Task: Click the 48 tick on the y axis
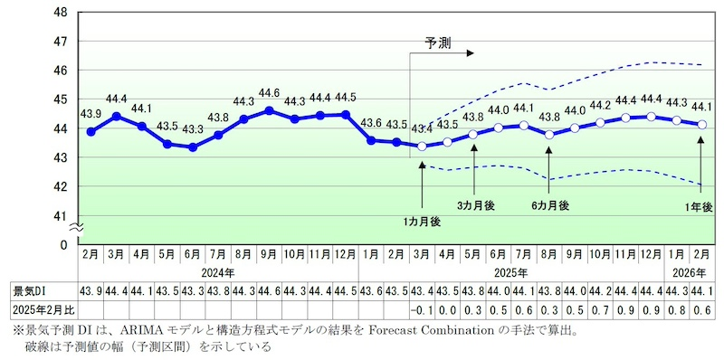pyautogui.click(x=62, y=13)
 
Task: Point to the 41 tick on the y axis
pyautogui.click(x=62, y=216)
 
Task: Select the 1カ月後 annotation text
pyautogui.click(x=422, y=222)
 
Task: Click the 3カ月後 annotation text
pyautogui.click(x=476, y=206)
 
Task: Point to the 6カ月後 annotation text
pyautogui.click(x=550, y=206)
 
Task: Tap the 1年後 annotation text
pyautogui.click(x=699, y=207)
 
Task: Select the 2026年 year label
pyautogui.click(x=685, y=271)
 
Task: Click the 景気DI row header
pyautogui.click(x=31, y=290)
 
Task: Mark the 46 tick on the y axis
pyautogui.click(x=62, y=71)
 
